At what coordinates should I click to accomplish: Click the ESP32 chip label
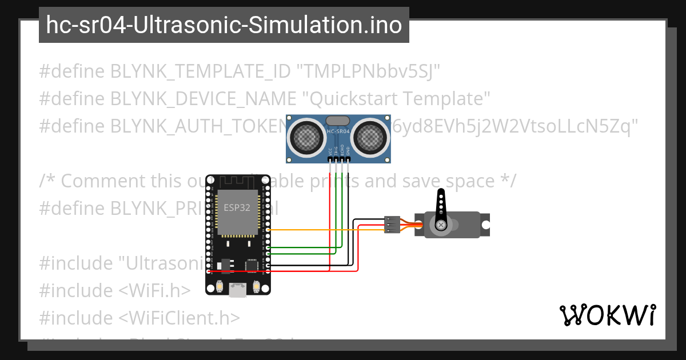pyautogui.click(x=237, y=208)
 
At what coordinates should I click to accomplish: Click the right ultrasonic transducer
pyautogui.click(x=370, y=137)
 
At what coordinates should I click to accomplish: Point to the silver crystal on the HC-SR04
pyautogui.click(x=338, y=121)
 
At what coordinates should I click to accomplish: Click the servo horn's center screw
pyautogui.click(x=441, y=226)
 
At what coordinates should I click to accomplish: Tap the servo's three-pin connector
pyautogui.click(x=392, y=225)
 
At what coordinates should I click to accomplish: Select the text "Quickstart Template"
pyautogui.click(x=393, y=99)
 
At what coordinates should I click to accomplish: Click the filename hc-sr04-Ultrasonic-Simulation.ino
pyautogui.click(x=224, y=25)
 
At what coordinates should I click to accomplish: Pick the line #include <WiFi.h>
pyautogui.click(x=114, y=290)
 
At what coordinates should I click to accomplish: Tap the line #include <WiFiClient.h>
pyautogui.click(x=139, y=318)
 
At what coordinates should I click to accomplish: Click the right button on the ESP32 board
pyautogui.click(x=257, y=286)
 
